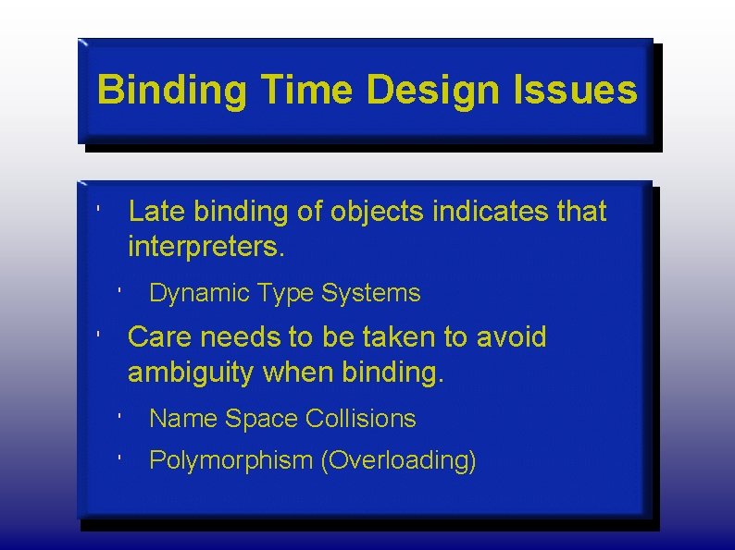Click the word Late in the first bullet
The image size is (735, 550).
[x=156, y=212]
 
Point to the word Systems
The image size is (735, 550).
[x=370, y=294]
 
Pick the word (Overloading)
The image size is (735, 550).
[x=398, y=460]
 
